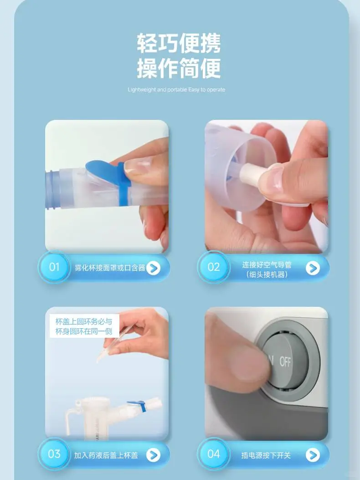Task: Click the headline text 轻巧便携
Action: (179, 43)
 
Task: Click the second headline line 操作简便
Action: (179, 68)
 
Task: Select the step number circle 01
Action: (54, 267)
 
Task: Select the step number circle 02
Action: (214, 267)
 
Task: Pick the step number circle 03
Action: (54, 454)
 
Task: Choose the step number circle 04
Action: (214, 454)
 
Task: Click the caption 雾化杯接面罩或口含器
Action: (110, 268)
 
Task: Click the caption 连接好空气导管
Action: (267, 264)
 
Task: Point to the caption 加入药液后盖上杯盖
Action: (106, 455)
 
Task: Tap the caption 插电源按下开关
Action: (266, 455)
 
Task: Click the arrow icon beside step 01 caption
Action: (153, 268)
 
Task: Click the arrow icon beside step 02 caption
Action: (313, 268)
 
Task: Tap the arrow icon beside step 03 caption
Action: (153, 455)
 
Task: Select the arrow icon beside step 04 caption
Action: (313, 455)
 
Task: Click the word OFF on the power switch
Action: (285, 362)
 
